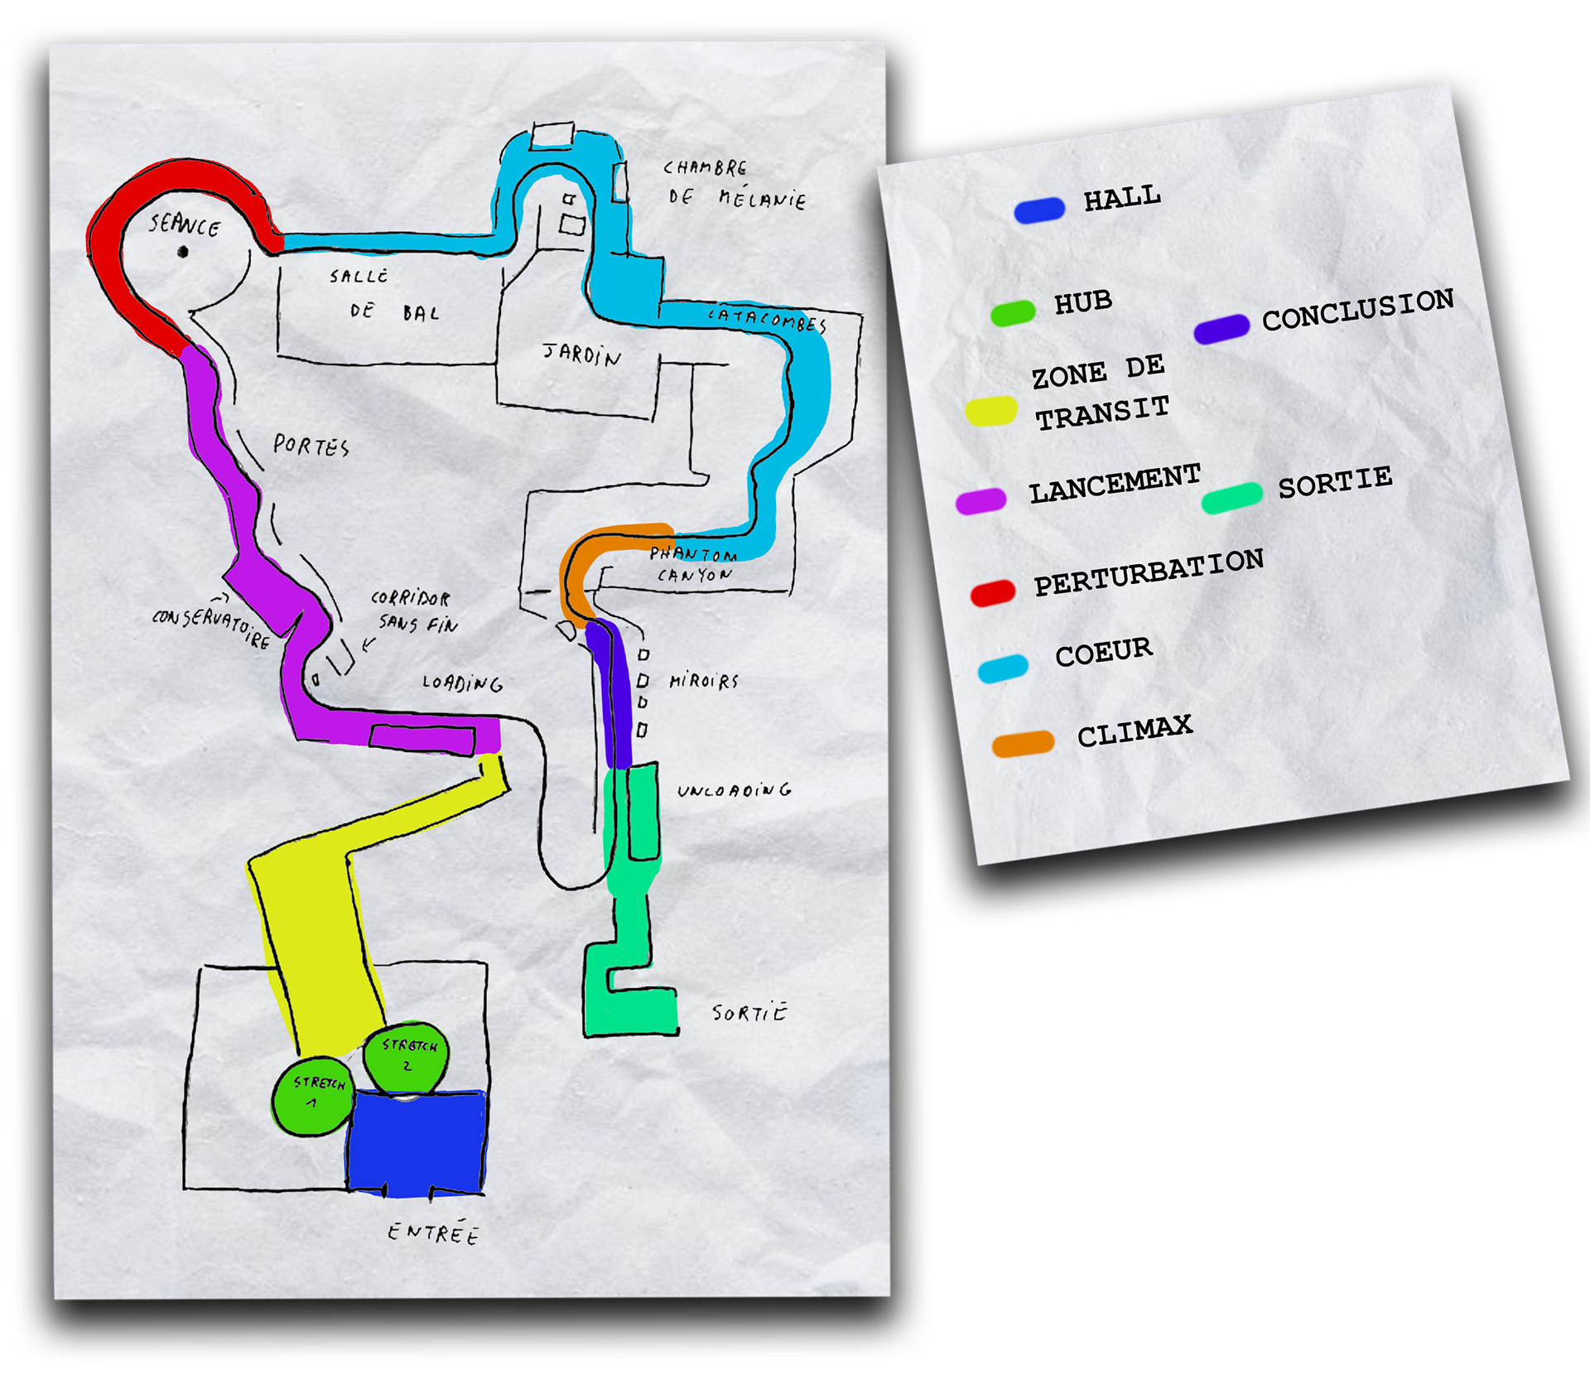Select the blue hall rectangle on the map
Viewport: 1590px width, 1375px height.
[416, 1144]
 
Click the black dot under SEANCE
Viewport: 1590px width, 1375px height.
[183, 251]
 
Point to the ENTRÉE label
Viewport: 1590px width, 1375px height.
[433, 1233]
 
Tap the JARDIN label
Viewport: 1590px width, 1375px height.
[582, 355]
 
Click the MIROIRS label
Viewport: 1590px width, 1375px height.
[704, 682]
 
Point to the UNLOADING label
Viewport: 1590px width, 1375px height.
[734, 791]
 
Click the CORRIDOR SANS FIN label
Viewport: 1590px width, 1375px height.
[414, 611]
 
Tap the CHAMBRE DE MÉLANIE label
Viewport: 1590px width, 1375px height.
[734, 184]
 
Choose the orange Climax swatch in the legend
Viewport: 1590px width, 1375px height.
[1023, 744]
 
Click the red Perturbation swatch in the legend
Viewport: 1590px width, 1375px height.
[993, 592]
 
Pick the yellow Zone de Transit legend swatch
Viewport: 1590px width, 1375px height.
[991, 412]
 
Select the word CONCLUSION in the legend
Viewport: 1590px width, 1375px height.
[1358, 310]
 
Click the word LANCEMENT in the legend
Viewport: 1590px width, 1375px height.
[1115, 484]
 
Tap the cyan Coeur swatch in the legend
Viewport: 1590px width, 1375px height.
[1003, 668]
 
